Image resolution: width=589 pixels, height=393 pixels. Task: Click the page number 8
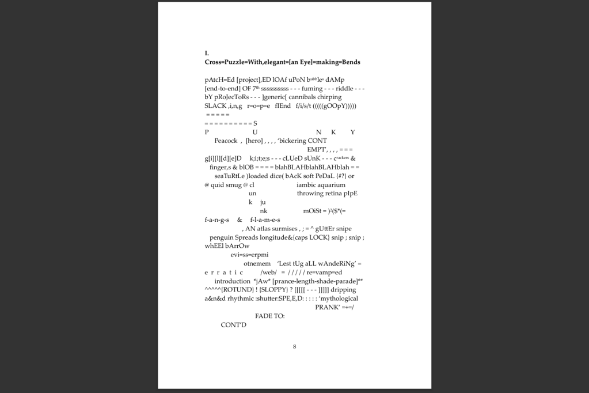click(294, 346)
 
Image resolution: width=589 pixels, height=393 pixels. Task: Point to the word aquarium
click(329, 185)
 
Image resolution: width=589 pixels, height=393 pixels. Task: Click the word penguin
click(221, 237)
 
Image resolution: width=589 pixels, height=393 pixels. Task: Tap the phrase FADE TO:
click(269, 316)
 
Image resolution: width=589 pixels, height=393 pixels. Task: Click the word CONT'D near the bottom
click(233, 324)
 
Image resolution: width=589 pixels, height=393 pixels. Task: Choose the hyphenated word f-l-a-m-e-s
click(265, 220)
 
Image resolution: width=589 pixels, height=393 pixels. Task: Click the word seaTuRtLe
click(229, 176)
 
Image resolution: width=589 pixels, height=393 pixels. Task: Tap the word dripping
click(343, 289)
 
